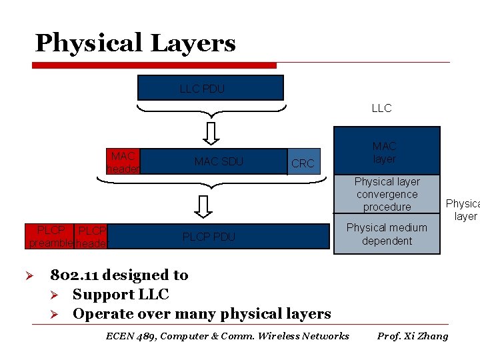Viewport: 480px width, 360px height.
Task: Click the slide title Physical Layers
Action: pos(135,43)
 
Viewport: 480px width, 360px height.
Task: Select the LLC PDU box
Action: pos(210,88)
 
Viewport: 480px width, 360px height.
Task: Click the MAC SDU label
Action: pos(219,161)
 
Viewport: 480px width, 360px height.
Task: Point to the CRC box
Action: pos(303,163)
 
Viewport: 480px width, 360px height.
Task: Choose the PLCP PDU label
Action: pos(209,237)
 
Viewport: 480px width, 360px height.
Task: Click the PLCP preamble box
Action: pos(50,237)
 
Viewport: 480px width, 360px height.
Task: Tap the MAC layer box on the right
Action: pos(387,151)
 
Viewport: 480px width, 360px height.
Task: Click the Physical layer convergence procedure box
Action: pos(387,194)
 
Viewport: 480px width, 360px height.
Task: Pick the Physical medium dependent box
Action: pos(387,234)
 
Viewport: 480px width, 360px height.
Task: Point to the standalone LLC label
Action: pos(381,108)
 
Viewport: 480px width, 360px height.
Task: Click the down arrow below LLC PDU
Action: pos(211,133)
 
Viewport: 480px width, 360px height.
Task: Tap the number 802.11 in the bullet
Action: pos(74,275)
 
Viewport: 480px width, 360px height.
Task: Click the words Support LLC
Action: pos(121,294)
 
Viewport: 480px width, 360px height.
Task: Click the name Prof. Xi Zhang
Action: pos(413,336)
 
